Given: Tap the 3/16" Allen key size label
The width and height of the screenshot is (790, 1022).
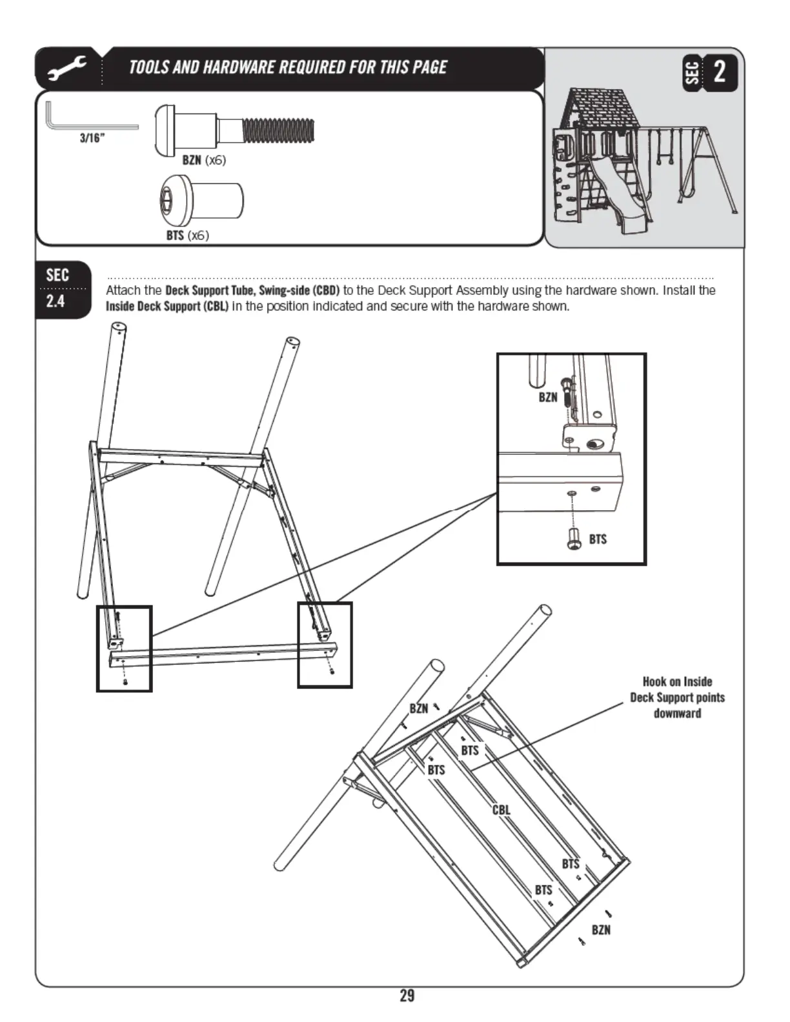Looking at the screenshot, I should (92, 138).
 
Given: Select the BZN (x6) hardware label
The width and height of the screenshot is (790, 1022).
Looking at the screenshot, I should (204, 160).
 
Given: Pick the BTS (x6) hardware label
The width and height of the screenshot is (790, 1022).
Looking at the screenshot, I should (187, 235).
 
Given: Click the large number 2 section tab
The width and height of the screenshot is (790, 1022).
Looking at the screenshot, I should (719, 71).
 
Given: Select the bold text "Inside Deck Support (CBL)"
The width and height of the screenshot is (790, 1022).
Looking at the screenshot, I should (167, 306).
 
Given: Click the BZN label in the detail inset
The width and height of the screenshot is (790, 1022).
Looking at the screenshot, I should (548, 397).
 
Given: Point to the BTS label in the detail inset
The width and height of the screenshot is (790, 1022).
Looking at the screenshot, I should (598, 539).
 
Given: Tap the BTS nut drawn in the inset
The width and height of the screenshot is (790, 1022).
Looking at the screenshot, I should (573, 538).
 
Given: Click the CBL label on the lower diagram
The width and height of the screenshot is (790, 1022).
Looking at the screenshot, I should (501, 810).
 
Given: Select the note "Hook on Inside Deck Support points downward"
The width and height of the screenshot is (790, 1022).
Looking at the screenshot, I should (677, 697).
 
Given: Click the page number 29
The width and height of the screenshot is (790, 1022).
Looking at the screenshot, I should (407, 996).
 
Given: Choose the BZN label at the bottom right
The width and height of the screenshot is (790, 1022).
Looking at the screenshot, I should (601, 930).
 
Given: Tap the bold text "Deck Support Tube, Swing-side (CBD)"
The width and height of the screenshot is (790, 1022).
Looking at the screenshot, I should (252, 290).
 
